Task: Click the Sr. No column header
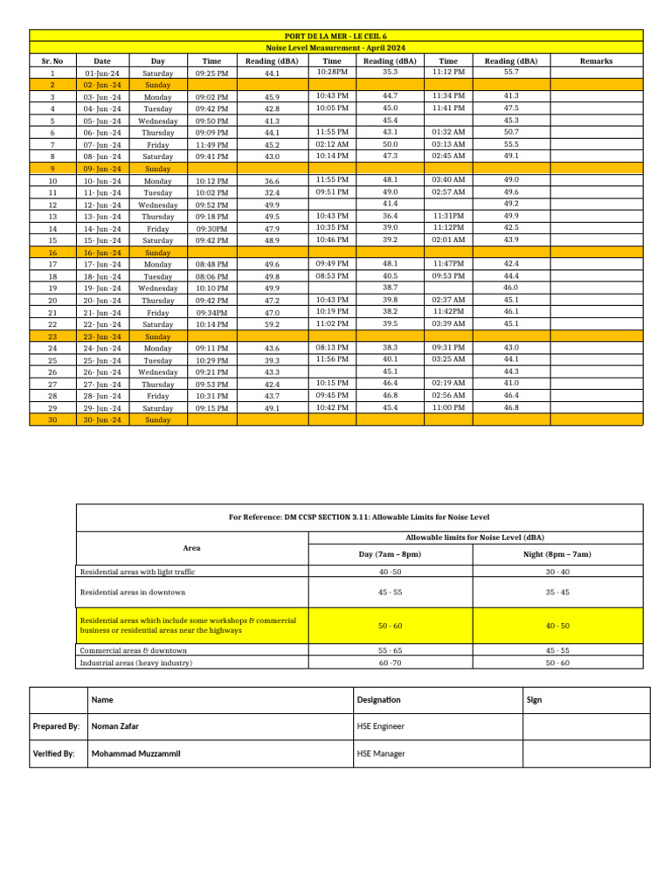(x=52, y=61)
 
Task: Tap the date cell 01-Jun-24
(x=102, y=73)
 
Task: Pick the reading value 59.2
(x=272, y=324)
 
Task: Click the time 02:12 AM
(x=332, y=144)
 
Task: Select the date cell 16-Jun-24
(x=102, y=253)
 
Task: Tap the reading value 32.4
(x=272, y=192)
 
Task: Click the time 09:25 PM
(x=211, y=73)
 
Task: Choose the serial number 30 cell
(x=52, y=420)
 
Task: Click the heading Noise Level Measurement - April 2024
(x=336, y=47)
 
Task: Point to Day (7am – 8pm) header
(x=390, y=554)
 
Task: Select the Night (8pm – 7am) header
(x=557, y=554)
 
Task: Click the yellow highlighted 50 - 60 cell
(x=390, y=626)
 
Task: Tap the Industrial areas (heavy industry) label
(x=136, y=663)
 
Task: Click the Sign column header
(x=535, y=700)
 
